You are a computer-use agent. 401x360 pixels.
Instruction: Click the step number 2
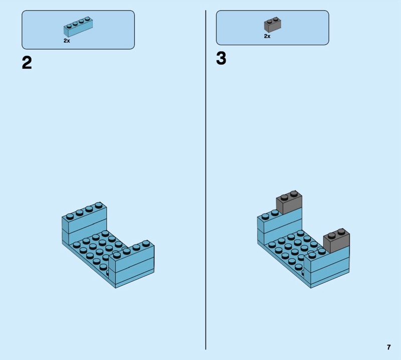tap(27, 63)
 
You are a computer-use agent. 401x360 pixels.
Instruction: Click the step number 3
tap(221, 58)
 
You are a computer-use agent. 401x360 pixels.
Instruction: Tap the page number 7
tap(389, 347)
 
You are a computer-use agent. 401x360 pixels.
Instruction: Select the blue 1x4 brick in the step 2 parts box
tap(78, 27)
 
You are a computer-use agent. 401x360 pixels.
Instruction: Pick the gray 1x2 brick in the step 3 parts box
tap(273, 25)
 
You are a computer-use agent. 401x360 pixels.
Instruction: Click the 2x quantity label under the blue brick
tap(67, 41)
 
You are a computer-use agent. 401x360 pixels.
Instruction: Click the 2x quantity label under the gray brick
tap(267, 36)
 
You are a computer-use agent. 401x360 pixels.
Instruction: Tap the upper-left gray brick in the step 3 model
tap(289, 202)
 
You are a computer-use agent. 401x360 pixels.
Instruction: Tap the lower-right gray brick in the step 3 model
tap(336, 241)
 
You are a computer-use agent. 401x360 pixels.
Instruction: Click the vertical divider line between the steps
tap(206, 180)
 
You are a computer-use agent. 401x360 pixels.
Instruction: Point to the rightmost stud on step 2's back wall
tap(98, 205)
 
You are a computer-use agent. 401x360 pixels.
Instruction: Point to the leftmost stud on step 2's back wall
tap(70, 217)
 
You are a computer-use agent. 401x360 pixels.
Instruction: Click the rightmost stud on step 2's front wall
tap(146, 243)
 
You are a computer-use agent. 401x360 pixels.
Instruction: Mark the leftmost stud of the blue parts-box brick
tap(69, 26)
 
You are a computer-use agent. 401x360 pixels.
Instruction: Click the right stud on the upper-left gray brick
tap(294, 194)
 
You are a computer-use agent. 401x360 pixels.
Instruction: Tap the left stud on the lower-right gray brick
tap(331, 235)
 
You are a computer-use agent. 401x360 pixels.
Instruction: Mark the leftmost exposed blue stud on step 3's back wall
tap(265, 217)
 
